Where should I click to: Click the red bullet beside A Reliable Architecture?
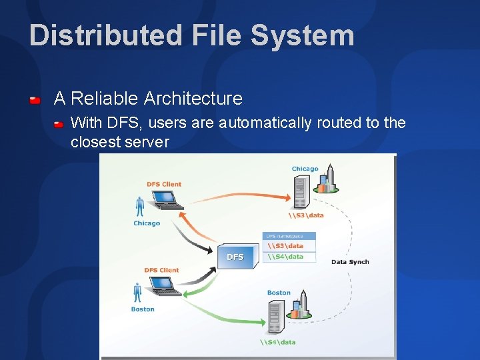pos(35,100)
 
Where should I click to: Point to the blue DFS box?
pos(237,256)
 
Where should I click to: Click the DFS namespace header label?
pos(285,236)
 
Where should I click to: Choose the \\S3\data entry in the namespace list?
pos(286,246)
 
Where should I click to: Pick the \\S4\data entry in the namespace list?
pos(286,257)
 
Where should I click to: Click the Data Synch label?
pos(350,262)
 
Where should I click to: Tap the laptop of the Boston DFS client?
pos(164,285)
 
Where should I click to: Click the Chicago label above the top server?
pos(305,169)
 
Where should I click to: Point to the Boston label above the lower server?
pos(279,293)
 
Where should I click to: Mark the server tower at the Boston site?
pos(275,317)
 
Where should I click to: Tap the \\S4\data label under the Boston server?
pos(279,342)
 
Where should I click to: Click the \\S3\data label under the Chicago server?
pos(306,215)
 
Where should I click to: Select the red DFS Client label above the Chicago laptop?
pos(164,184)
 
